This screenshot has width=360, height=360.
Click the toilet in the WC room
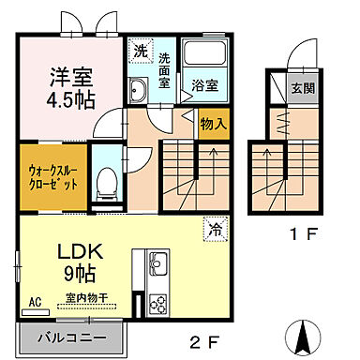(106, 183)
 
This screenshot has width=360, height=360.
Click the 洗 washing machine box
(140, 51)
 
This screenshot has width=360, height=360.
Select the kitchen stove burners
(157, 304)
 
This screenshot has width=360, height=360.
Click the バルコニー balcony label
(69, 337)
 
